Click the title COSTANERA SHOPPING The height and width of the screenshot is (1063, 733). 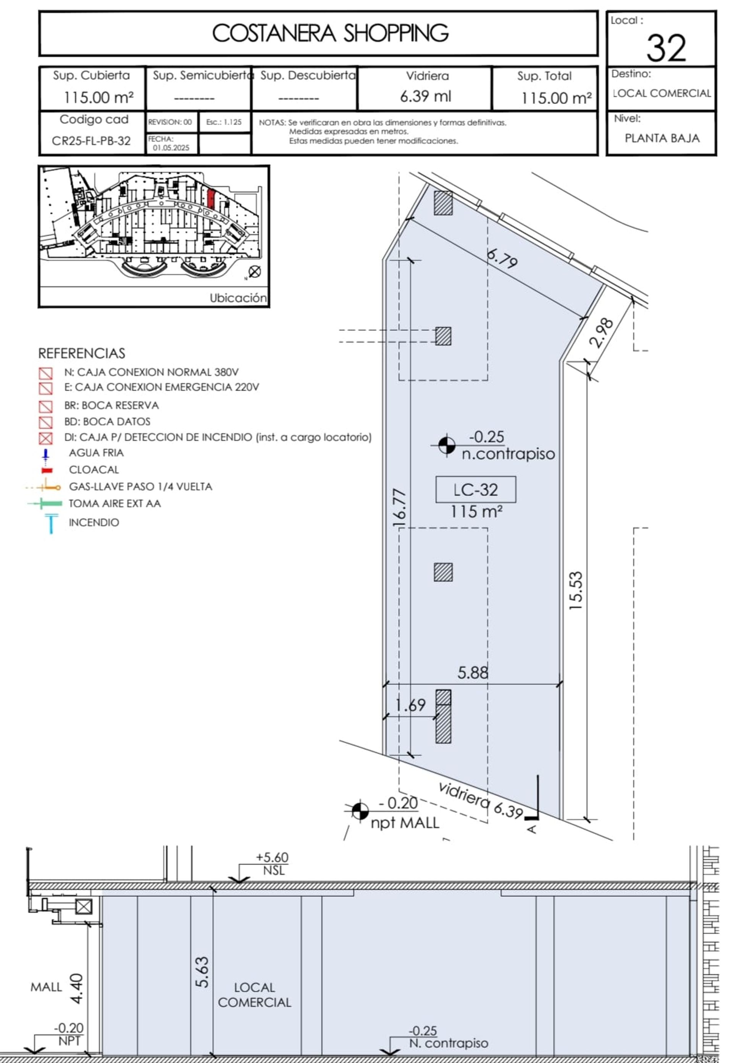330,33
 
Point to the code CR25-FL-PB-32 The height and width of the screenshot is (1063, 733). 91,141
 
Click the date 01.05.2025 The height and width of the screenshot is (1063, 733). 171,148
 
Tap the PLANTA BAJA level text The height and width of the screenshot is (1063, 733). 662,138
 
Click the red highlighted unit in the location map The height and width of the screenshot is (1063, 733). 211,199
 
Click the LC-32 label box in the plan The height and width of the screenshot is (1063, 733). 475,489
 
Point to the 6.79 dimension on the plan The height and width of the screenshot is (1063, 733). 502,258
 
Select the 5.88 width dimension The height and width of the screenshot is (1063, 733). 473,673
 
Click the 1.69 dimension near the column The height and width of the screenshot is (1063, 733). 410,705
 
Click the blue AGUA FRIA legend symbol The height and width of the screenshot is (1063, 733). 45,455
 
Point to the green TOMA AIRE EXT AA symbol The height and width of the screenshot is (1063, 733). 45,504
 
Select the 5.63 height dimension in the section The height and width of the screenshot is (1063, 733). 202,972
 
